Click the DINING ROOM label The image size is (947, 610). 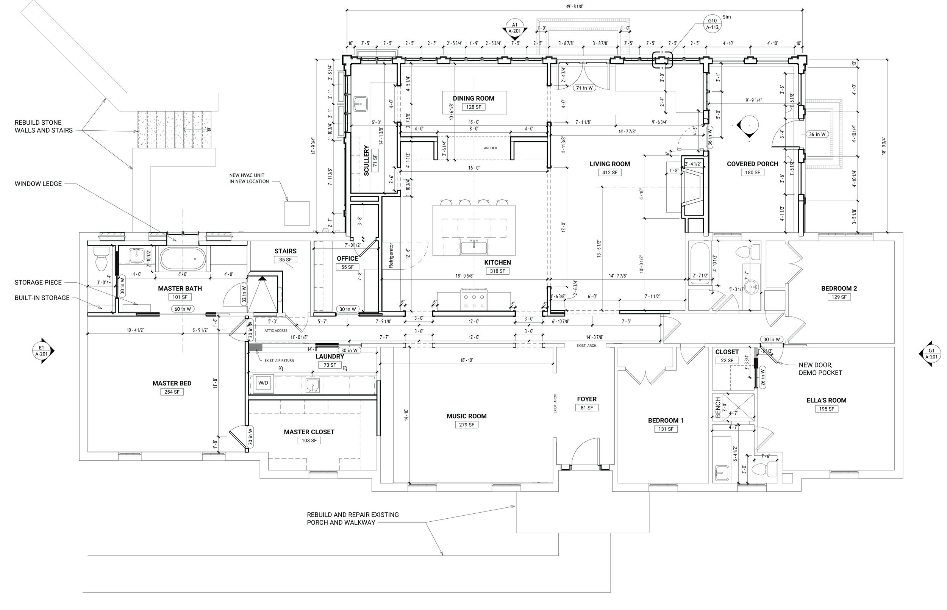(474, 98)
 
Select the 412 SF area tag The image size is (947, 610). (610, 173)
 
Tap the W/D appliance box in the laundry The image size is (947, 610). (263, 383)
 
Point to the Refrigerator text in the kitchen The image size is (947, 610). (391, 256)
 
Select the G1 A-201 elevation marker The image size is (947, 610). (930, 354)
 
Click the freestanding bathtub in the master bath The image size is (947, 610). (183, 259)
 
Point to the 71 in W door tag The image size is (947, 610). (584, 88)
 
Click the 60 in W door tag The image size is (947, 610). (183, 309)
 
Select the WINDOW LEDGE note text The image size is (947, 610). (38, 184)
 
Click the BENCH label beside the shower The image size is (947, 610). (718, 408)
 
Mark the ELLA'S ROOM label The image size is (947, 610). (827, 400)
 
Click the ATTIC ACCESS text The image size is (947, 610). (276, 330)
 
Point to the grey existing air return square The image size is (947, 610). (256, 347)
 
